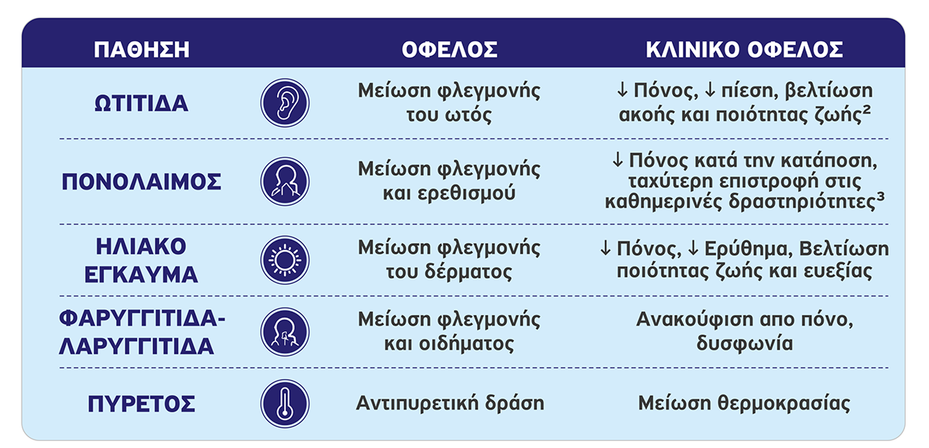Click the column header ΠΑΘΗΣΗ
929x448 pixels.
click(142, 50)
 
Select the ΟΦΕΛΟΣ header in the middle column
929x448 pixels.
click(450, 50)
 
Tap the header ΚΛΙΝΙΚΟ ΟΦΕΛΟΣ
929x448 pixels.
click(745, 50)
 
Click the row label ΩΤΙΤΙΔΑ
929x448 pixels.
click(142, 103)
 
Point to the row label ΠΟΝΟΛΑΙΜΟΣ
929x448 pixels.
click(142, 182)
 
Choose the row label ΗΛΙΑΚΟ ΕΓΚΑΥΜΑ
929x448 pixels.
click(142, 261)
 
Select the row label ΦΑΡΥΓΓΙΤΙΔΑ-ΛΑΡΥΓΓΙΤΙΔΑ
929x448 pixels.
click(142, 333)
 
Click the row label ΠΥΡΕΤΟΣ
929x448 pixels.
click(142, 404)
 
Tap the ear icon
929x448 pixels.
click(285, 103)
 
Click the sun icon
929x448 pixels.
click(285, 260)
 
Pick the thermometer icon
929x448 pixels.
click(285, 404)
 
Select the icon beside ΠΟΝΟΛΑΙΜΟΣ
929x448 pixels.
click(285, 182)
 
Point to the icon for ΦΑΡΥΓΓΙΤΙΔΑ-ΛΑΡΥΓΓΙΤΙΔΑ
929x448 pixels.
click(285, 332)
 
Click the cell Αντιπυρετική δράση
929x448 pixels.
click(450, 403)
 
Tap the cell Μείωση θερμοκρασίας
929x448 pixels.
click(744, 403)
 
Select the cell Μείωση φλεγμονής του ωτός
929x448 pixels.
click(449, 103)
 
